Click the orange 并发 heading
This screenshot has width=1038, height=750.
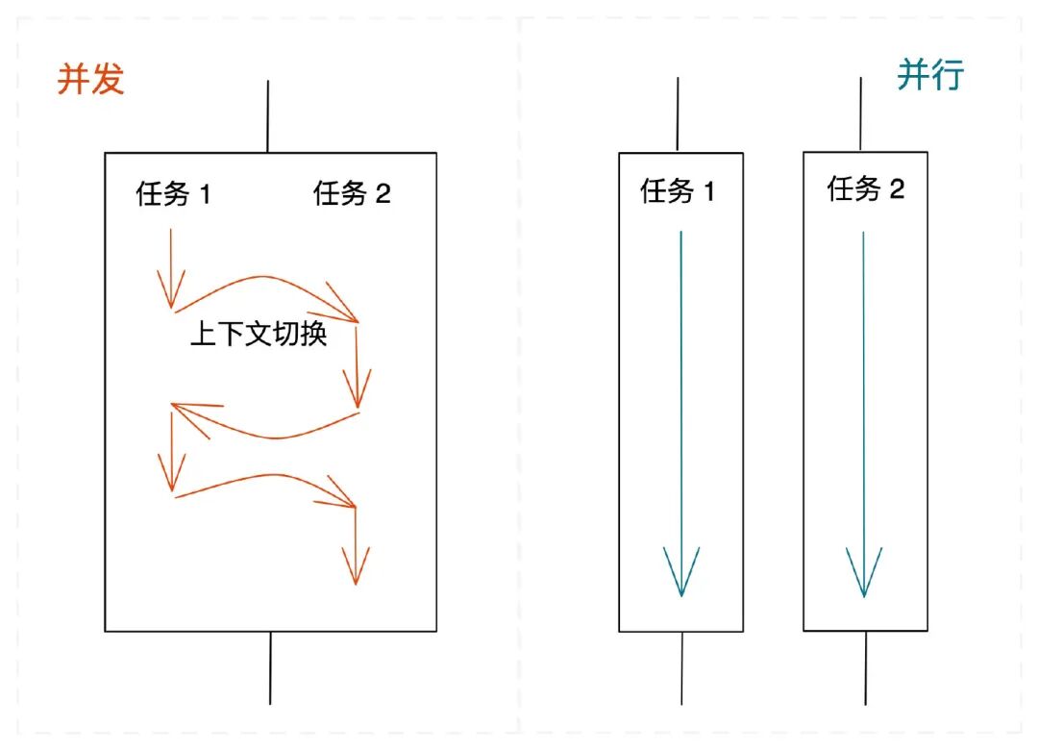(x=91, y=79)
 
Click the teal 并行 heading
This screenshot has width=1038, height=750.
(x=929, y=75)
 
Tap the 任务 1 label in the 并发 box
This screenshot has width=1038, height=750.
(x=173, y=194)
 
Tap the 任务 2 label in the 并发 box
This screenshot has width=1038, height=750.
(x=352, y=194)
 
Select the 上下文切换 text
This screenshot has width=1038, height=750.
(x=259, y=336)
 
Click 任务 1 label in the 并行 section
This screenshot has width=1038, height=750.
(x=678, y=191)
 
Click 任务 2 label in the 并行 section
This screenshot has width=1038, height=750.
(x=866, y=189)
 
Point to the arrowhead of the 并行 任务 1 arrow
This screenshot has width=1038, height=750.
(x=681, y=577)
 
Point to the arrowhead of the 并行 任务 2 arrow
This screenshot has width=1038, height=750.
(x=864, y=577)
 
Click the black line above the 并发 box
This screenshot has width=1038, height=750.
(x=267, y=116)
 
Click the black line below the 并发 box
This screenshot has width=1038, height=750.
(x=270, y=667)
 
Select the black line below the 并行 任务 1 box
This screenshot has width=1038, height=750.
(x=681, y=667)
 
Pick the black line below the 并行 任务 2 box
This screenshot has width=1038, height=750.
(x=866, y=667)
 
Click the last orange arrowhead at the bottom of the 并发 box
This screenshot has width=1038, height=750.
(x=356, y=567)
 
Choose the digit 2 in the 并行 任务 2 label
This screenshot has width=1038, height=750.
(x=897, y=189)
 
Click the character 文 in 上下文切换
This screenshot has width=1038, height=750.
(x=259, y=336)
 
